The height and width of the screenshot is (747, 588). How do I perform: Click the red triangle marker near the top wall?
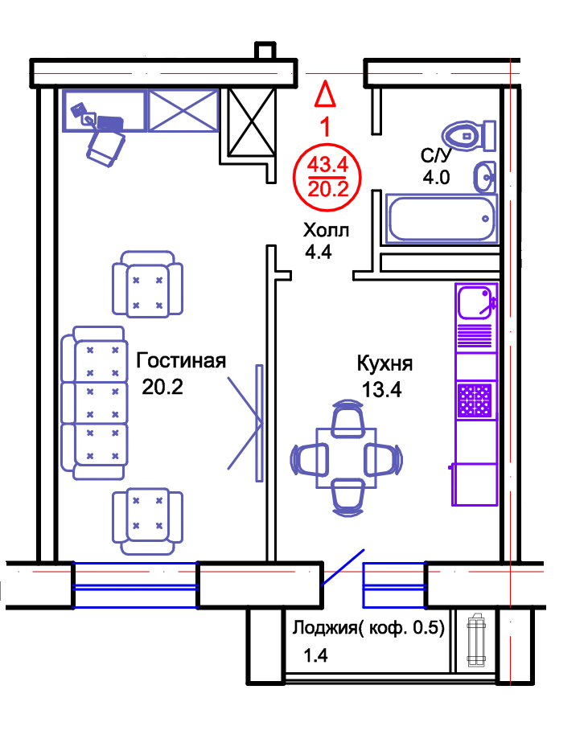point(324,95)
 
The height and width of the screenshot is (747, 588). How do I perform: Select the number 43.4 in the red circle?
point(325,166)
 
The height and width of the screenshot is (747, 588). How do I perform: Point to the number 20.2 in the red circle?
point(325,189)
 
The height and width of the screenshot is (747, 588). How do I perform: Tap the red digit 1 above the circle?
point(325,127)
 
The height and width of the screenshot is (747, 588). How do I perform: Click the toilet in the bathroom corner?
point(467,136)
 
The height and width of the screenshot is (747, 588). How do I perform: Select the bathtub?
point(441,218)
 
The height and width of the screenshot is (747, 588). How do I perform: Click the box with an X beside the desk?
point(181,111)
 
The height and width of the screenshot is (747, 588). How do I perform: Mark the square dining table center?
point(347,459)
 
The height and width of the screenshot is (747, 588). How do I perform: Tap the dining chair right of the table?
point(389,460)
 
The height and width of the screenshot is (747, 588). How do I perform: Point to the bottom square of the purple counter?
point(475,485)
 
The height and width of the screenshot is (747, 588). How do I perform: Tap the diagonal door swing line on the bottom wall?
point(343,567)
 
